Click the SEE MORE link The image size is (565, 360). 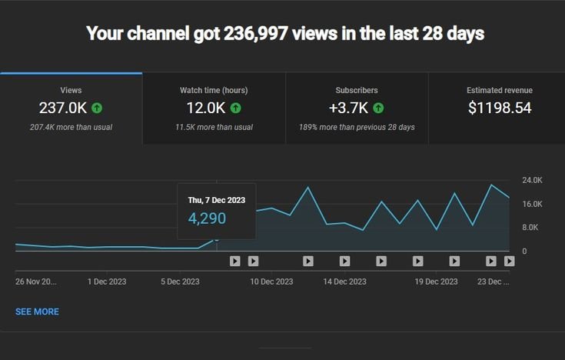pos(37,312)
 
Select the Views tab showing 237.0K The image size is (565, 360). pos(71,108)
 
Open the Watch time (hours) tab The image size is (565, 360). pos(214,108)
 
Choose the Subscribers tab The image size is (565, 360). pos(357,108)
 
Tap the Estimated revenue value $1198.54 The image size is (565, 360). pos(500,108)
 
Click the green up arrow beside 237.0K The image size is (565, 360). pos(97,108)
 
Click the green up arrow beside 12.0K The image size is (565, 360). pos(235,108)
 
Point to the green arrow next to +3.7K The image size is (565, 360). pos(379,108)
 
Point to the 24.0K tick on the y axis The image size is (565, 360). pos(532,180)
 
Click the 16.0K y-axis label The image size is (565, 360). pos(532,204)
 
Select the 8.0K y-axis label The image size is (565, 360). pos(532,228)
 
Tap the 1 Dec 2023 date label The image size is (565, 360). pos(107,282)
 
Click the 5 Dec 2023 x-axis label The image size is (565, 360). pos(180,282)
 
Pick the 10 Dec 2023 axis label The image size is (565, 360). pos(272,282)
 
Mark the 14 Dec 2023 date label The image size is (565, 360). pos(346,282)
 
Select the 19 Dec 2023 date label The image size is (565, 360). pos(437,282)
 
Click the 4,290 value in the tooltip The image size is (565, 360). pos(207,218)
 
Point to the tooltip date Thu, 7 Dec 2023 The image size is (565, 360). pos(217,200)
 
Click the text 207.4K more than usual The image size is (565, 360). pos(71,127)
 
